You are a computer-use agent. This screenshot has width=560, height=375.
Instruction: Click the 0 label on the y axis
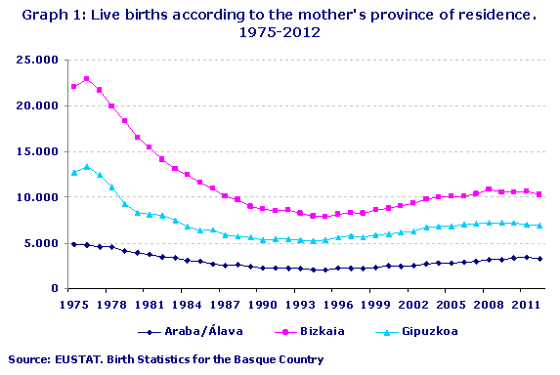coord(56,289)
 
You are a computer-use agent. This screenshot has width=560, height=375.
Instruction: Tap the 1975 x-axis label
coord(73,304)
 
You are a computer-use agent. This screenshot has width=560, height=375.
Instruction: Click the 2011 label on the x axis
coord(528,304)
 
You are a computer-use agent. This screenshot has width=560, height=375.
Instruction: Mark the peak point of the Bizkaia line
coord(87,79)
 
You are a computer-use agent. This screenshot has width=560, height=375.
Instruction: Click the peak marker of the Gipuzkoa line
coord(87,167)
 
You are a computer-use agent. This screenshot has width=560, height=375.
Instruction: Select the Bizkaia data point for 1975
coord(74,87)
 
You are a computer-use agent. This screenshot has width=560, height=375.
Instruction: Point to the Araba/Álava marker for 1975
coord(74,244)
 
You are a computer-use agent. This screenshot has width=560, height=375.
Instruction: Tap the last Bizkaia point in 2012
coord(539,194)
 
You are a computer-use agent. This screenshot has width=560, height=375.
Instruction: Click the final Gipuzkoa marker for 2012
coord(539,226)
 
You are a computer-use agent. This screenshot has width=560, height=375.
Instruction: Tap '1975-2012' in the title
coord(280,32)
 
